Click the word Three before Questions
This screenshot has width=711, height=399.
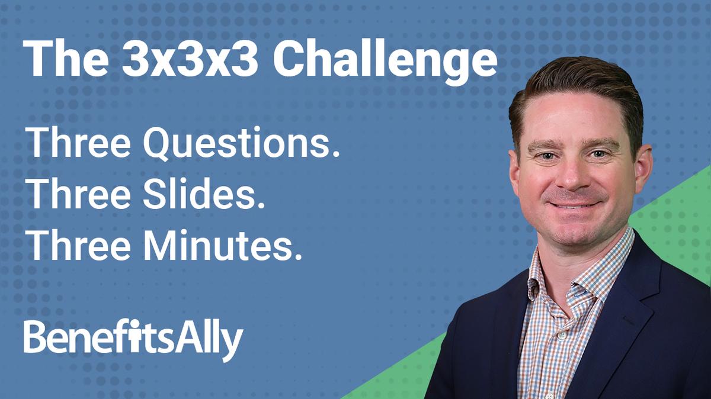[x=79, y=146]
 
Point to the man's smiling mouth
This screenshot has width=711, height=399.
[x=574, y=204]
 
